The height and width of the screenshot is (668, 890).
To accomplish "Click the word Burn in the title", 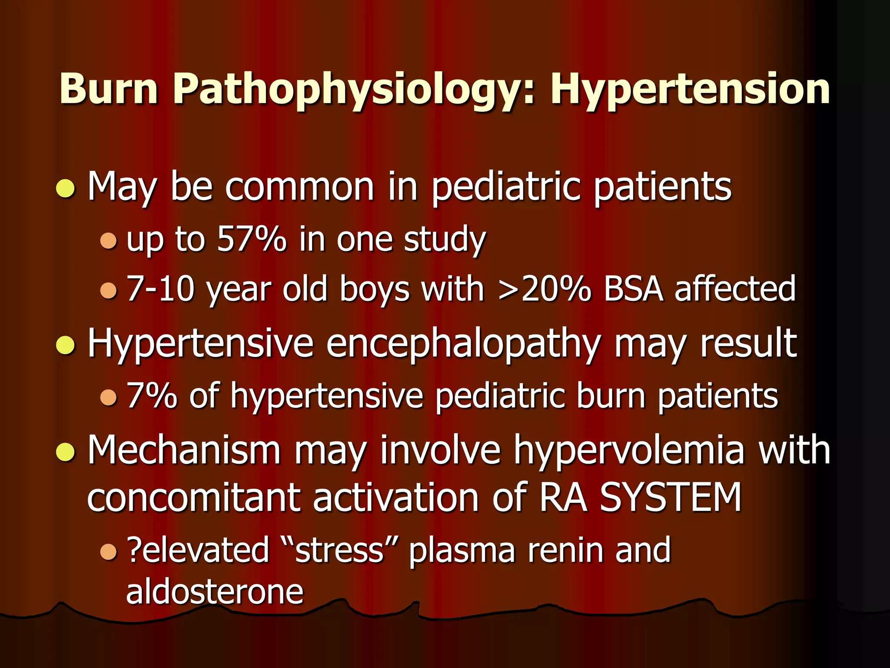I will click(x=109, y=89).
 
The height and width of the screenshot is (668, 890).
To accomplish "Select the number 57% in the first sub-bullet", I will click(x=252, y=239).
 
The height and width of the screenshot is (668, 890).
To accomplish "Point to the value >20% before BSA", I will click(x=545, y=289).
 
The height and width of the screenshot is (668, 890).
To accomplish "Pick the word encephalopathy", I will click(x=463, y=344).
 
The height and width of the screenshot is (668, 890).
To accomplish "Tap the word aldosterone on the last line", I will click(x=215, y=592).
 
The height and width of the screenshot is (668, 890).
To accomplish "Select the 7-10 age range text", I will click(x=160, y=289).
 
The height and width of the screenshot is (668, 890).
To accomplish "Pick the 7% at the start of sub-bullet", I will click(x=152, y=396).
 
